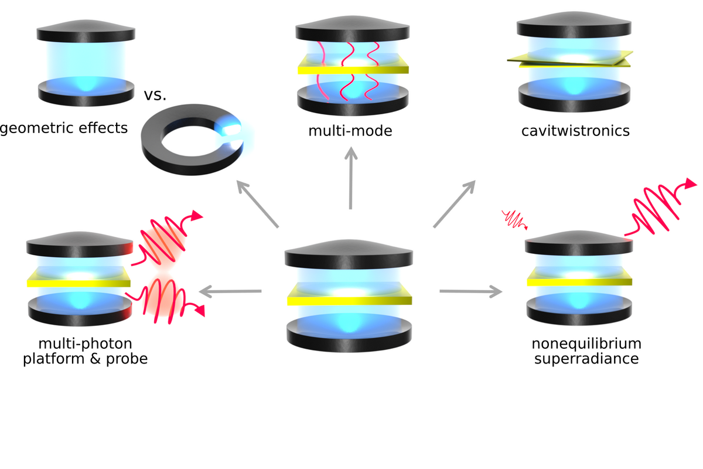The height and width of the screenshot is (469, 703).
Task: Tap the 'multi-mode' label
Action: point(350,130)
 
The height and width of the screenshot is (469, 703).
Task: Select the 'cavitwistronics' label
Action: point(575,130)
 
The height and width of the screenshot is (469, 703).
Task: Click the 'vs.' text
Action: point(156,94)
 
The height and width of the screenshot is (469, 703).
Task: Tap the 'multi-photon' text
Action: point(85,343)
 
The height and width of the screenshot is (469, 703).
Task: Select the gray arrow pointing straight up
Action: point(350,179)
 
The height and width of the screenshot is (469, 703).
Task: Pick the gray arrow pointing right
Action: point(471,291)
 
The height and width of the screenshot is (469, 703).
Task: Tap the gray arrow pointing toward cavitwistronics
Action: point(454,203)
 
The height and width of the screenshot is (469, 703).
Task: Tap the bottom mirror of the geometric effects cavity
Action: point(86,93)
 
